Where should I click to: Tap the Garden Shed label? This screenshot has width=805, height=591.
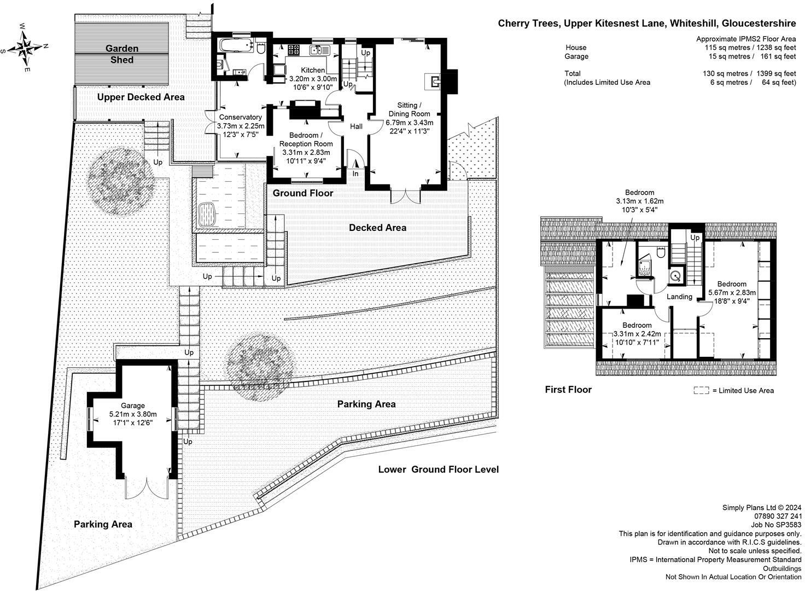point(122,54)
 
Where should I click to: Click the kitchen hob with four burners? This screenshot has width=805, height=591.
point(294,50)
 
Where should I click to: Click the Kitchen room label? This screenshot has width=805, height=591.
point(313,70)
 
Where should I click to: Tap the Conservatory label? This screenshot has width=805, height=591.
point(241,117)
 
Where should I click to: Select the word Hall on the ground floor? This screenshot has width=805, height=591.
point(356,126)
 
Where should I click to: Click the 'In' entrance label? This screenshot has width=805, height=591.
point(355,173)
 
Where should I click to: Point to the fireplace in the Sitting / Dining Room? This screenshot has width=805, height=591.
point(435,82)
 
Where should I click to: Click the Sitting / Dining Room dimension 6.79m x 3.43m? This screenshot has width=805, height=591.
point(409,122)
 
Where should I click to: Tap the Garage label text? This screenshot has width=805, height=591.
point(132,405)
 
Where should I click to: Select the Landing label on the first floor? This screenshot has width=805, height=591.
point(679,297)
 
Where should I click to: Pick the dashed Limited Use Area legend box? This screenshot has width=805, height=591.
point(701,390)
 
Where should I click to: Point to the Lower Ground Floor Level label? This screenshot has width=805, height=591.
point(439,470)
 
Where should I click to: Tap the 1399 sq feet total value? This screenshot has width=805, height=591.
point(776,74)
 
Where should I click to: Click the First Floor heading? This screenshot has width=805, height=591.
point(568,390)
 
